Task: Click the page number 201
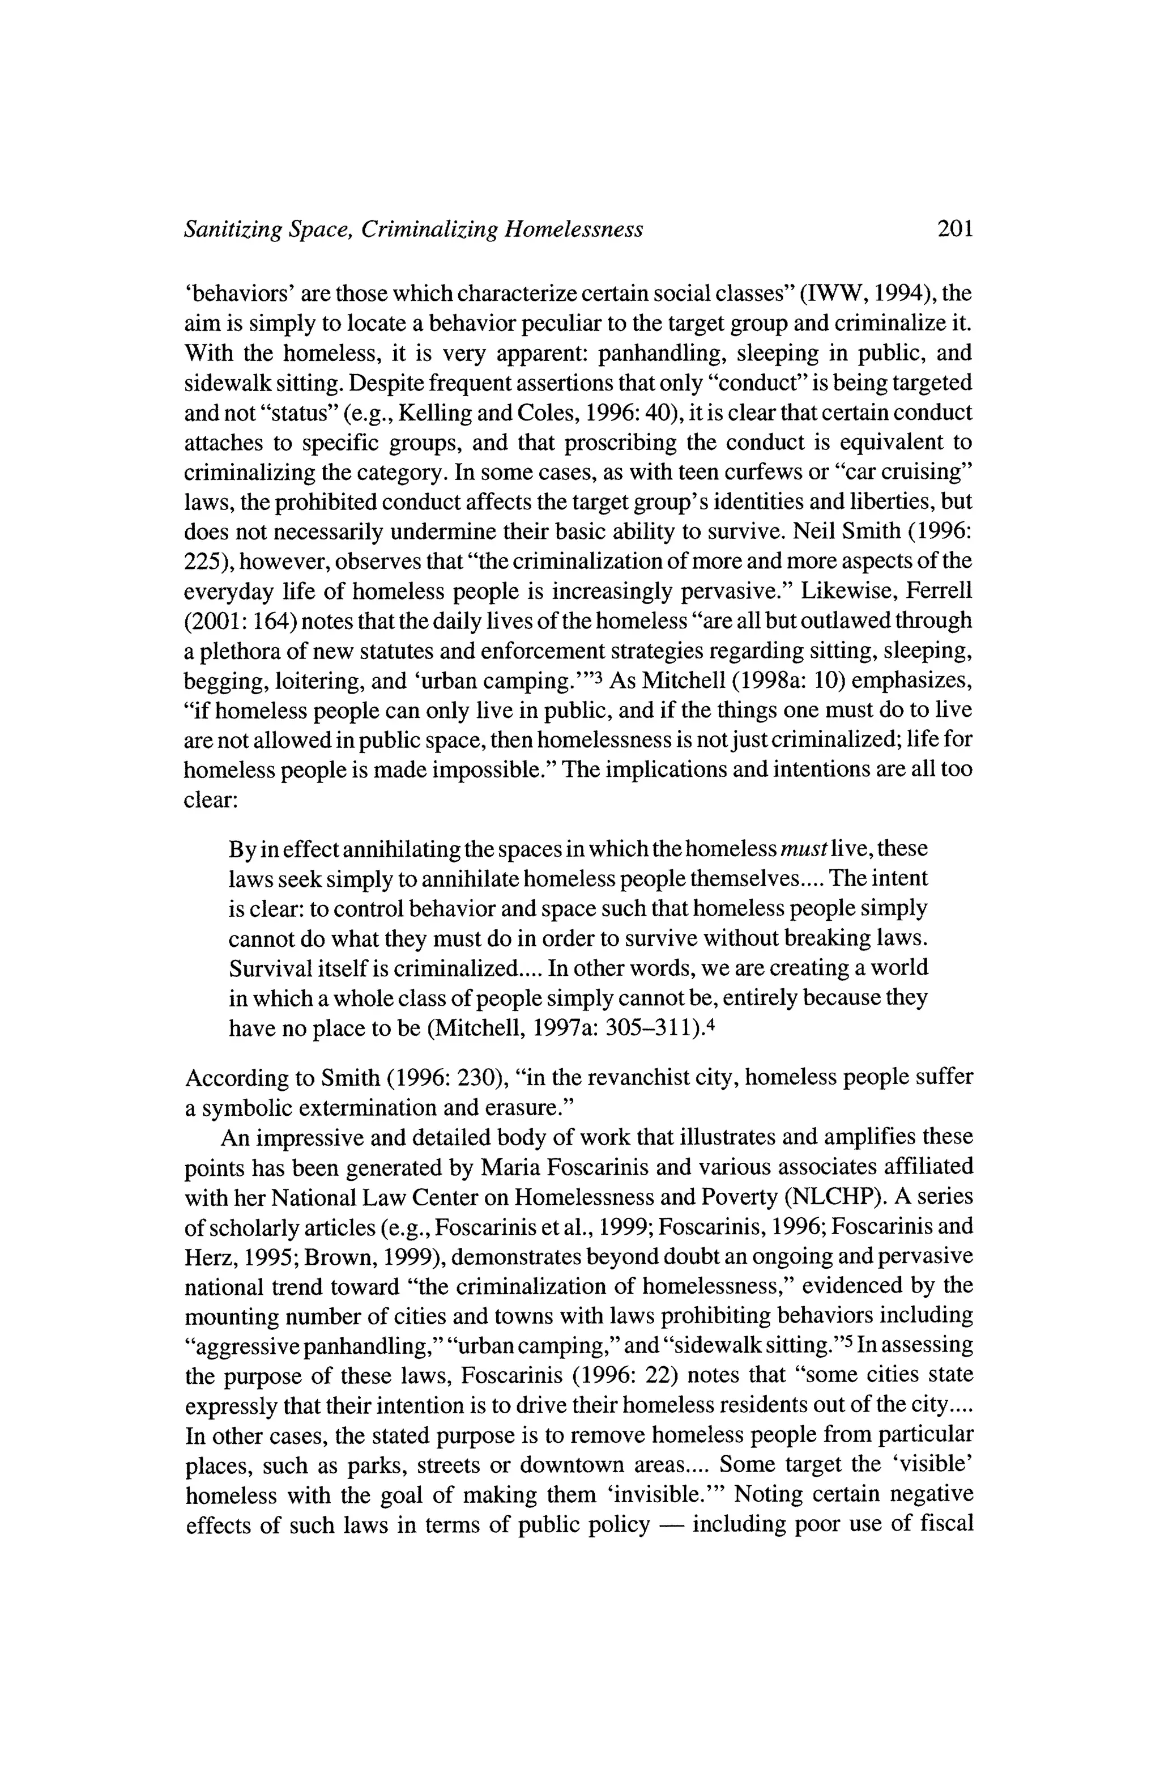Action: (x=954, y=229)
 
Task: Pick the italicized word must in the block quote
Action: (x=803, y=849)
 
